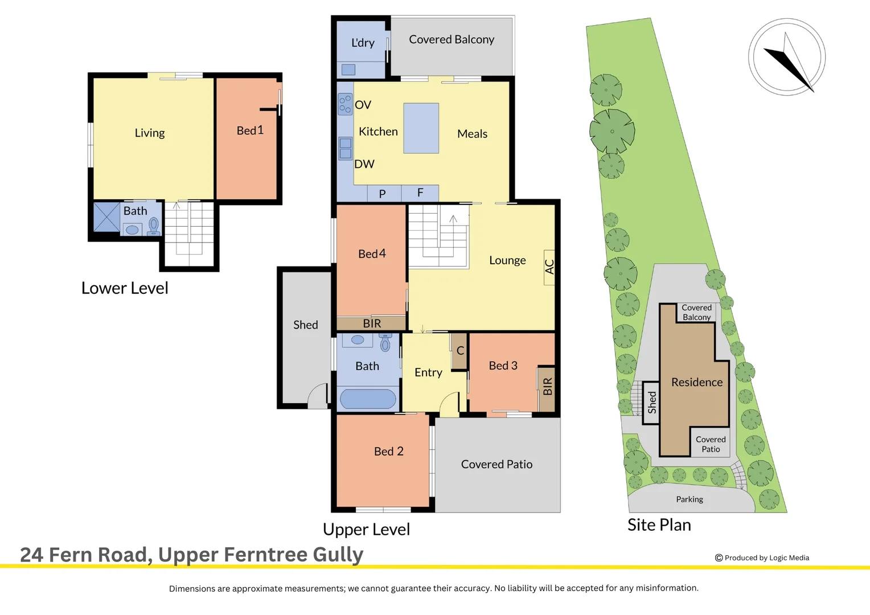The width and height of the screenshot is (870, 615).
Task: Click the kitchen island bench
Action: click(421, 128)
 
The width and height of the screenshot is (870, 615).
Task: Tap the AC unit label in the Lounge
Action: click(549, 267)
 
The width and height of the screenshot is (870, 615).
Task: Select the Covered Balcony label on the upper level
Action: click(451, 40)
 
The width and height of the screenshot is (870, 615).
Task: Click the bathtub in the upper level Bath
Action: click(368, 399)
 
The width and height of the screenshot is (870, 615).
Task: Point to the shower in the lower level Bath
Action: click(106, 217)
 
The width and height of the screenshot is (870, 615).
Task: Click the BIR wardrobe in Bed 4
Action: click(371, 323)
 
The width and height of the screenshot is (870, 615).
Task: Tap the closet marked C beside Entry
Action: click(459, 351)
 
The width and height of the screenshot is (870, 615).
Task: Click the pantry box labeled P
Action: click(383, 194)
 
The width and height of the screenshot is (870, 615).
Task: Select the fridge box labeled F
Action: click(420, 193)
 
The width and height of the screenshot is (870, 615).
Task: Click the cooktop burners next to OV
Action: click(345, 104)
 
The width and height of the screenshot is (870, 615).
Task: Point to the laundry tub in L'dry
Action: click(348, 69)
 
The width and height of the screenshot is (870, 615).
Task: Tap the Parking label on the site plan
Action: click(690, 499)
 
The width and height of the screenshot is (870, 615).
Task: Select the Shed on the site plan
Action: click(651, 403)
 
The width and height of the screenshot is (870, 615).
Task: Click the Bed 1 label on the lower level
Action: click(250, 131)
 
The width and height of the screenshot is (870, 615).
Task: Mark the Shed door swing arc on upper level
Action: click(318, 396)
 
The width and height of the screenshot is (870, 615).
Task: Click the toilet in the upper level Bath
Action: click(385, 343)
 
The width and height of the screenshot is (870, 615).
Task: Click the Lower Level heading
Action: click(125, 288)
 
